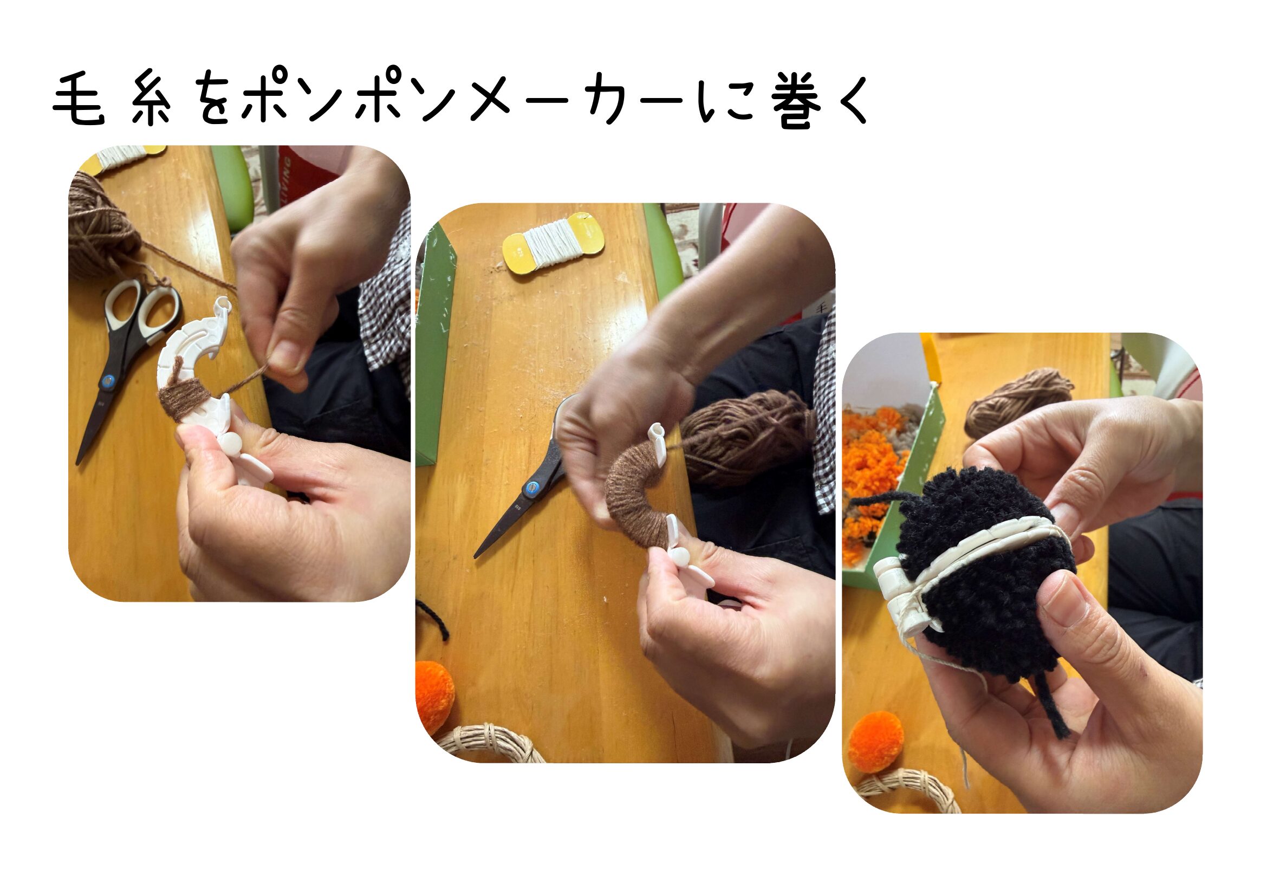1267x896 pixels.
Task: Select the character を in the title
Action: click(213, 101)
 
